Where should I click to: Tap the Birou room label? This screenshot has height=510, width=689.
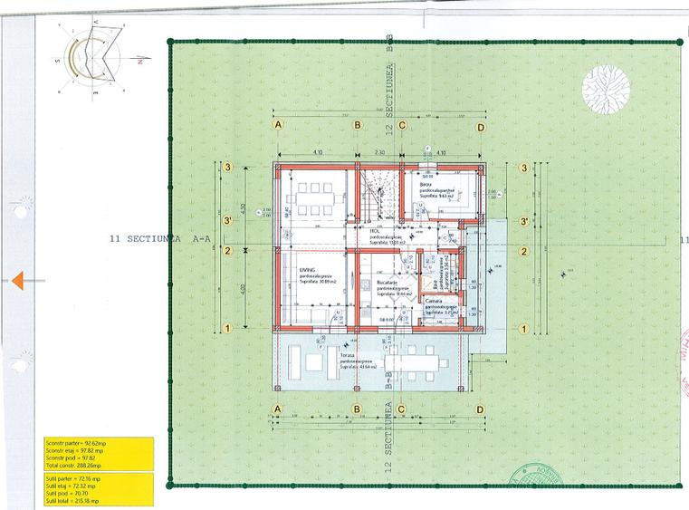(x=426, y=184)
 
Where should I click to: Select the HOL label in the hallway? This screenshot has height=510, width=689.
(x=373, y=231)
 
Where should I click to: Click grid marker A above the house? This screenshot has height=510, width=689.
(x=279, y=126)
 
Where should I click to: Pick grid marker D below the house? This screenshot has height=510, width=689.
(x=481, y=410)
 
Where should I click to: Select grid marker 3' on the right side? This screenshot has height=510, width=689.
(x=523, y=220)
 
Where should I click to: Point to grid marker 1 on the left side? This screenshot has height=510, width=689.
(x=230, y=328)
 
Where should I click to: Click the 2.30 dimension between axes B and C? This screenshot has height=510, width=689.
(x=380, y=153)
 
